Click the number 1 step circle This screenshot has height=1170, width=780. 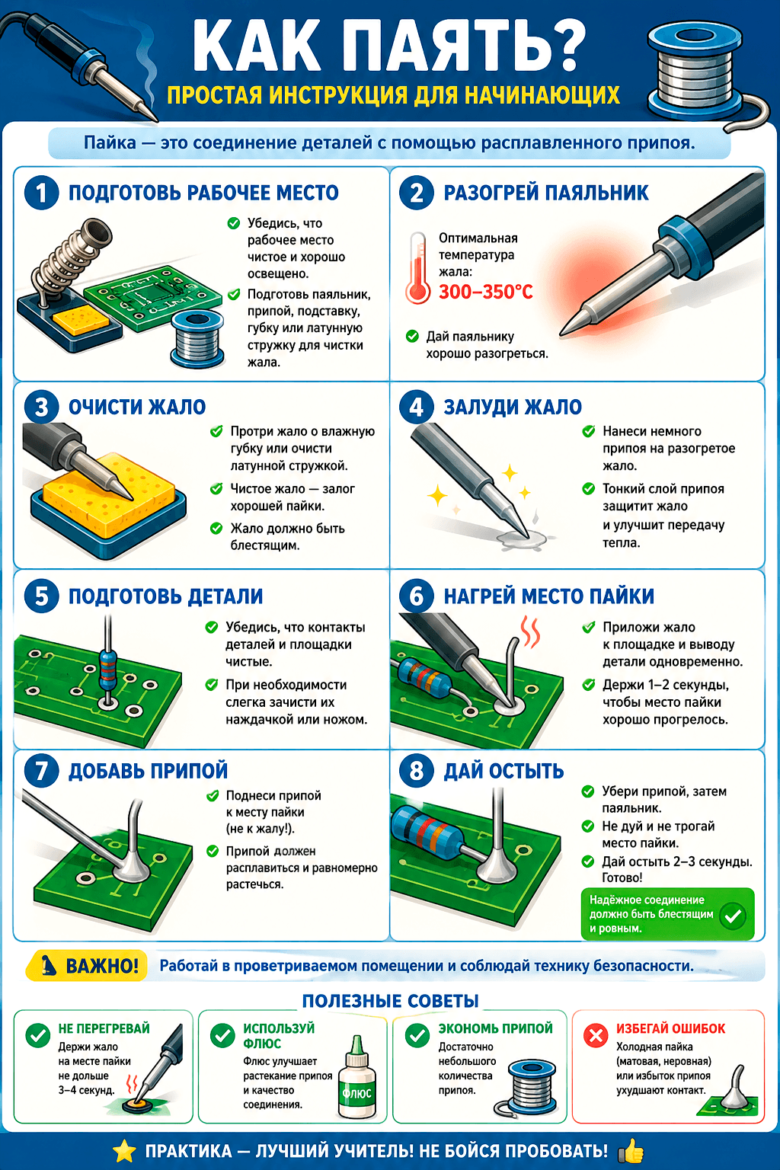click(41, 193)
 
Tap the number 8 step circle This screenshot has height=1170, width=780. click(417, 770)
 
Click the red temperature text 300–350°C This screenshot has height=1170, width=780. click(485, 292)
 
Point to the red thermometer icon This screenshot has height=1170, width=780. click(418, 268)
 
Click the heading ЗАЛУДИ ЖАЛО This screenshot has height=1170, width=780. click(513, 407)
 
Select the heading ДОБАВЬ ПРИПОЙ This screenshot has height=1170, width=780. click(149, 771)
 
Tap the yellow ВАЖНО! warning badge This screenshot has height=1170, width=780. click(86, 966)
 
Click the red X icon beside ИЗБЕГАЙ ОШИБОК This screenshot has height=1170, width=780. click(595, 1035)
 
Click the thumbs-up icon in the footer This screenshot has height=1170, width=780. click(631, 1151)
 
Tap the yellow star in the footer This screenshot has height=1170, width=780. click(124, 1151)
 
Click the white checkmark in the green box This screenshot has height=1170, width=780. click(733, 916)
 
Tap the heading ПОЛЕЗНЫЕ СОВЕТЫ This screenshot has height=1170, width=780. click(390, 1001)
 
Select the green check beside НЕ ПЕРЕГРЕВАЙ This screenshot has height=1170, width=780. click(38, 1035)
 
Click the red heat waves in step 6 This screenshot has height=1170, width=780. click(530, 631)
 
